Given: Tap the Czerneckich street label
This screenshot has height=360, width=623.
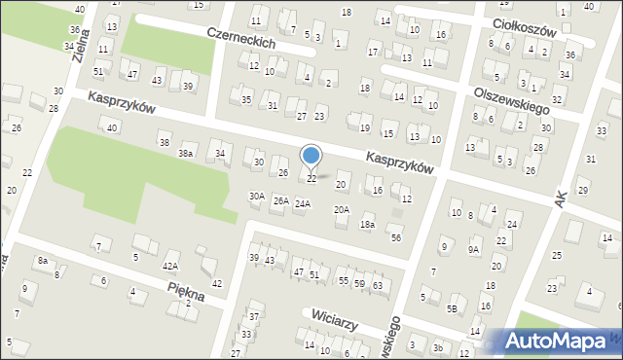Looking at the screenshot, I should [x=241, y=38].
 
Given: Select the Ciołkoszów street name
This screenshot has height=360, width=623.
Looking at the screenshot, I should [x=523, y=24].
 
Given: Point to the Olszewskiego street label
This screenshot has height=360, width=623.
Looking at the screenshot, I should [x=506, y=95].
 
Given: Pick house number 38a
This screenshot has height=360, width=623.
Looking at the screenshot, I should [x=185, y=154].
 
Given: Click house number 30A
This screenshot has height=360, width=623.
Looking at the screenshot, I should [x=256, y=196].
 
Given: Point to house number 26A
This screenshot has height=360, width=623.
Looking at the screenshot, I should [x=280, y=201].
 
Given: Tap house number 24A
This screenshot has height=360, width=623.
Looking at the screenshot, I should [x=303, y=203].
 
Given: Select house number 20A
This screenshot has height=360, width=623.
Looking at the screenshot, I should [x=342, y=209].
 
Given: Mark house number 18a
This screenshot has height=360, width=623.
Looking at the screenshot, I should [x=367, y=225].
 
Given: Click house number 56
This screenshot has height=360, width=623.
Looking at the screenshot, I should [x=395, y=237].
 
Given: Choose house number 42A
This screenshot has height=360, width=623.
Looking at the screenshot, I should [x=170, y=266].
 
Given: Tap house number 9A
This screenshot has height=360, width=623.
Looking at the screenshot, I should [x=473, y=249].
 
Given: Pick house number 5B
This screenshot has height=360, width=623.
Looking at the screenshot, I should [x=452, y=308].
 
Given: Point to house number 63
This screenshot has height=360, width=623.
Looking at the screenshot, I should [x=377, y=284].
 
